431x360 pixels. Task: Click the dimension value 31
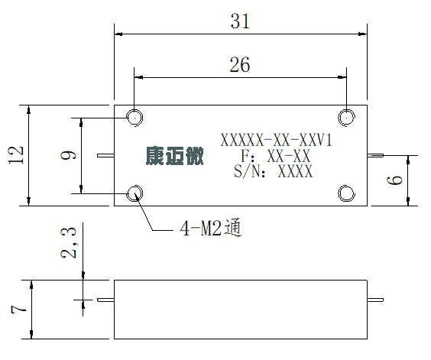pyautogui.click(x=240, y=21)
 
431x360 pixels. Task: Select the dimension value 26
pyautogui.click(x=240, y=65)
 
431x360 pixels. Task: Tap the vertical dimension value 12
pyautogui.click(x=16, y=155)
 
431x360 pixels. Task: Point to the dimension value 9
pyautogui.click(x=68, y=155)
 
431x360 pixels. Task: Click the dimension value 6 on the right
pyautogui.click(x=394, y=180)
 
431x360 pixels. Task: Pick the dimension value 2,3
pyautogui.click(x=68, y=243)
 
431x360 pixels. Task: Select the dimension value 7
pyautogui.click(x=18, y=310)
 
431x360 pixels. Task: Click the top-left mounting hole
pyautogui.click(x=134, y=118)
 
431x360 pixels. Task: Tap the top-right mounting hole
pyautogui.click(x=346, y=118)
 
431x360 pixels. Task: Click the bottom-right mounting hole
pyautogui.click(x=346, y=193)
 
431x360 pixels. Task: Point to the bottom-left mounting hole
pyautogui.click(x=134, y=193)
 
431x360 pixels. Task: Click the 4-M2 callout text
pyautogui.click(x=211, y=228)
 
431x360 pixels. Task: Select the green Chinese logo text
pyautogui.click(x=174, y=156)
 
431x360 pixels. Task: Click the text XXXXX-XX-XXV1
pyautogui.click(x=277, y=140)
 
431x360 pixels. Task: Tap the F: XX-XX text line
pyautogui.click(x=276, y=156)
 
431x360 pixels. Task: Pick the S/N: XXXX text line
pyautogui.click(x=274, y=171)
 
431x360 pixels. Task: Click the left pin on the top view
pyautogui.click(x=105, y=156)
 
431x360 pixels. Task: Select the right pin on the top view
pyautogui.click(x=375, y=156)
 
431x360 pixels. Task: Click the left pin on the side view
pyautogui.click(x=105, y=300)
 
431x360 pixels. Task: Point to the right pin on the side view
pyautogui.click(x=375, y=300)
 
